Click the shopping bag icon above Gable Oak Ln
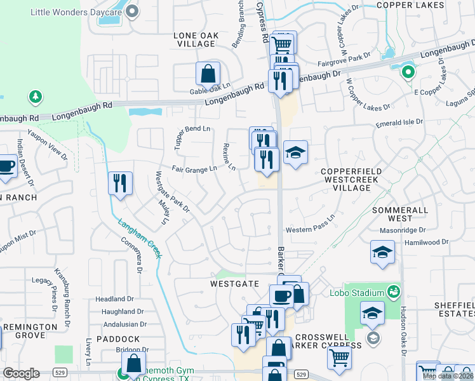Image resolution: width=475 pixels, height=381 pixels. pyautogui.click(x=208, y=74)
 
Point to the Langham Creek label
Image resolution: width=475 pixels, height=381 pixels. pyautogui.click(x=138, y=238)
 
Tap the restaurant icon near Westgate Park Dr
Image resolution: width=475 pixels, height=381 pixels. pyautogui.click(x=120, y=184)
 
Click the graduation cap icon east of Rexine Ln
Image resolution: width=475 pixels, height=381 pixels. pyautogui.click(x=295, y=153)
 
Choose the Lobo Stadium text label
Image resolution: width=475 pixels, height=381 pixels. pyautogui.click(x=357, y=293)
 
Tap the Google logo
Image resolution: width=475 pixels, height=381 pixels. pyautogui.click(x=21, y=373)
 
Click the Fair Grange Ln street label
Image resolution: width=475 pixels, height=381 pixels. pyautogui.click(x=194, y=169)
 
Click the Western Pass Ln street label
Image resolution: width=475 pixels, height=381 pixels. pyautogui.click(x=310, y=228)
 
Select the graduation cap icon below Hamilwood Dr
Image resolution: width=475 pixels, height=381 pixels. pyautogui.click(x=382, y=252)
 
